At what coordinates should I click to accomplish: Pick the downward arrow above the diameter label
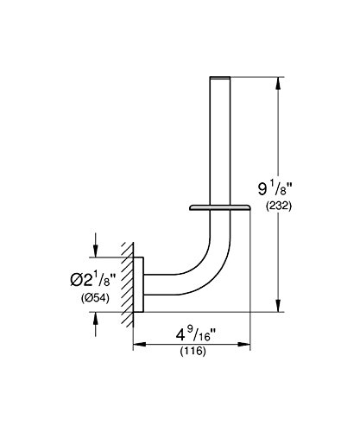pyautogui.click(x=95, y=245)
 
